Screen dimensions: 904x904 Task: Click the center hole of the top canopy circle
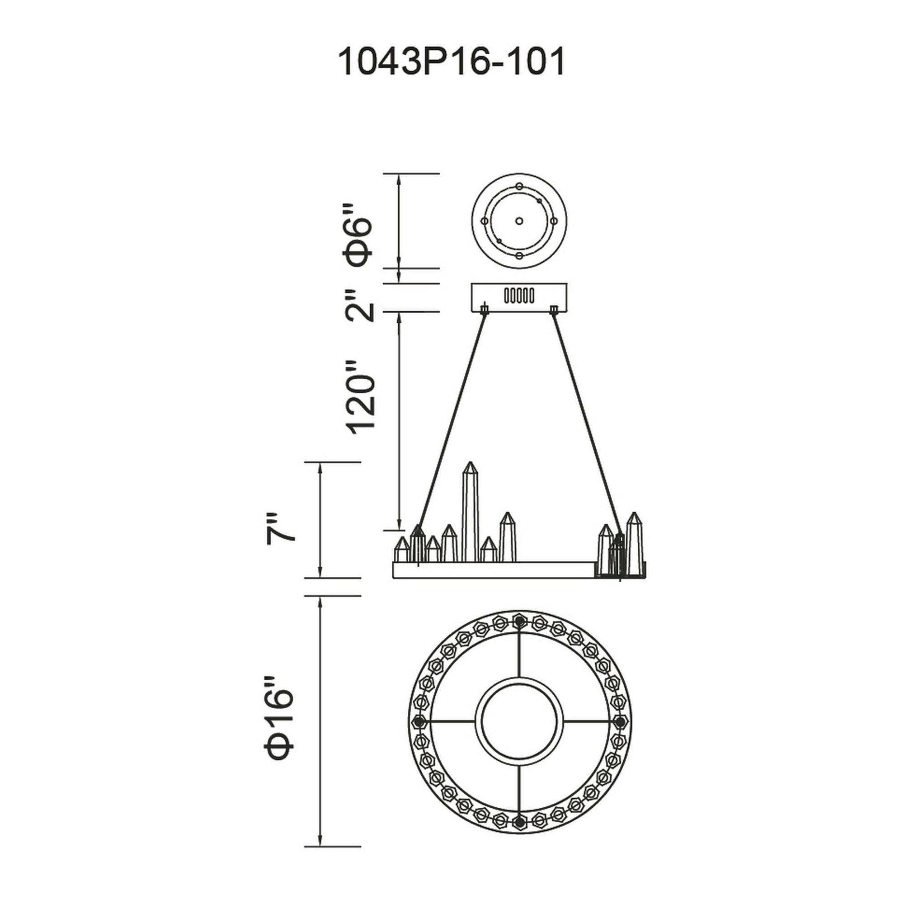518,221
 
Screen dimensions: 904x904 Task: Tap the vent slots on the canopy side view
518,296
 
